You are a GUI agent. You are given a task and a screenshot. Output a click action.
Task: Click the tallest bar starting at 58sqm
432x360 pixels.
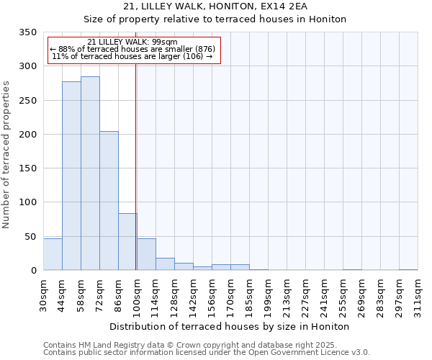click(x=90, y=173)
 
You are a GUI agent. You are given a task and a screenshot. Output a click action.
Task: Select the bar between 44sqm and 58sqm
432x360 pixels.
click(x=71, y=176)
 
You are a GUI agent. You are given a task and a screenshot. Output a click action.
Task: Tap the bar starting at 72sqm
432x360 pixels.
click(x=109, y=201)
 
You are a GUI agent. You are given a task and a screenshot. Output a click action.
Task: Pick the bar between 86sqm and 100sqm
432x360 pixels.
click(x=127, y=241)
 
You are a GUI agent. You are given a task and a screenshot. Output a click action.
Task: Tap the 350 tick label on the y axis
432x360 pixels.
click(x=27, y=32)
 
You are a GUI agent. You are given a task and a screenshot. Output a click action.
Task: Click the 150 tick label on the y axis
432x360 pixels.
click(x=27, y=168)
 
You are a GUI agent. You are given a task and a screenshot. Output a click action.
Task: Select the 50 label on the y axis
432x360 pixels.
click(x=30, y=236)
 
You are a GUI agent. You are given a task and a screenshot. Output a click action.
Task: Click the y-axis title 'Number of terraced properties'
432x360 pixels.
click(x=6, y=155)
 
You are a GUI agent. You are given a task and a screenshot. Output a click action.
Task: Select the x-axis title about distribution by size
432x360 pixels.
click(x=230, y=326)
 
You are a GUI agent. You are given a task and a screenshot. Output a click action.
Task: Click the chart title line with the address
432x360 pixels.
click(x=215, y=6)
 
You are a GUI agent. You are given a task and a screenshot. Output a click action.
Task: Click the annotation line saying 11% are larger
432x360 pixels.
click(x=132, y=56)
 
